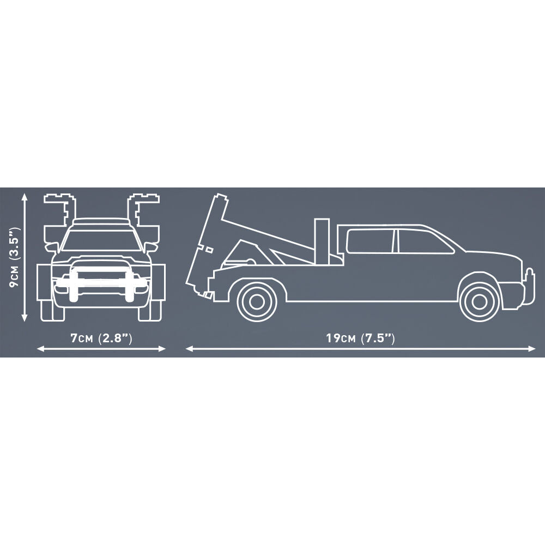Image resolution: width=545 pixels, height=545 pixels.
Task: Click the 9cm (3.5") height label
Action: [x=15, y=258]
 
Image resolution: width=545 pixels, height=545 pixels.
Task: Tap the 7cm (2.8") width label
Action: [x=101, y=338]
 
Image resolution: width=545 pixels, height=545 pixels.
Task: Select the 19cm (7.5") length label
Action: [x=360, y=338]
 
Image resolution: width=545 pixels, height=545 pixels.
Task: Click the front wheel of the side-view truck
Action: [x=479, y=301]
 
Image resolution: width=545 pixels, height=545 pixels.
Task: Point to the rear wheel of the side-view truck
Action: [x=257, y=301]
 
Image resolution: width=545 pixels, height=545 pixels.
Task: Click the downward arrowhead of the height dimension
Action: [x=25, y=317]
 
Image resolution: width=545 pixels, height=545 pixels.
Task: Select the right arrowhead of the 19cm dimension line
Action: [x=532, y=349]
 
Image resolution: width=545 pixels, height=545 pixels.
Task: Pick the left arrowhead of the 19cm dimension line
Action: [x=190, y=349]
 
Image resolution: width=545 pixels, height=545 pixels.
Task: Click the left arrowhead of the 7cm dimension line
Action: [x=41, y=349]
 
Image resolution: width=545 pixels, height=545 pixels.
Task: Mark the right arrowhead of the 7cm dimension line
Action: [x=162, y=349]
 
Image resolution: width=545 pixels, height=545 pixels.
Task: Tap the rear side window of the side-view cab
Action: [x=371, y=240]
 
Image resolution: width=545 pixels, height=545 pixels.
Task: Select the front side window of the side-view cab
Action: [x=424, y=240]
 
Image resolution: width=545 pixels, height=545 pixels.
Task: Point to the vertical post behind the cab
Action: [x=322, y=241]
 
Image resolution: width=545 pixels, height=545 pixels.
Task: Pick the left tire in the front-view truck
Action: [x=52, y=311]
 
